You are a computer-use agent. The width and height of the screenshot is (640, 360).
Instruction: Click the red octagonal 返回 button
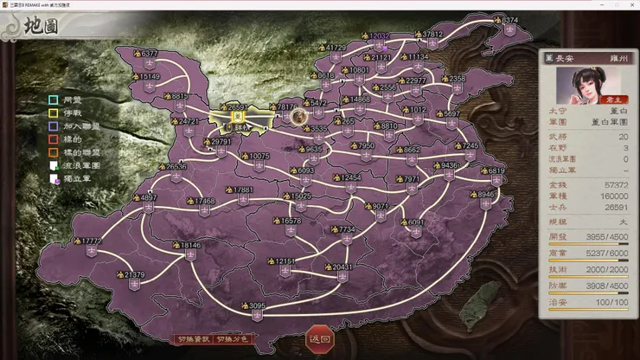pyautogui.click(x=319, y=339)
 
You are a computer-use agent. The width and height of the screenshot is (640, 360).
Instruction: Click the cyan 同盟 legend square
pyautogui.click(x=54, y=100)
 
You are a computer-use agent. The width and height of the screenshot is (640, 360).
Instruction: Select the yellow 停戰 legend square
pyautogui.click(x=54, y=112)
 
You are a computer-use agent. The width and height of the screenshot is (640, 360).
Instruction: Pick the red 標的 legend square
pyautogui.click(x=54, y=138)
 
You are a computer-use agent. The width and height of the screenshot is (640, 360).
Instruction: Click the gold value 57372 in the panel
pyautogui.click(x=615, y=186)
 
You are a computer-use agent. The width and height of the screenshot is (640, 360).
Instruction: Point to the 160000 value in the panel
pyautogui.click(x=613, y=196)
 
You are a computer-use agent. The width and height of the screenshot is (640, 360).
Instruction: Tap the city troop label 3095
pyautogui.click(x=258, y=305)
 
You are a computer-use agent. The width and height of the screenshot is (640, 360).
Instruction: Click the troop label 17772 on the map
pyautogui.click(x=90, y=241)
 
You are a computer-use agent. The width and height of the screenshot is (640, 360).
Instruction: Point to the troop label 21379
pyautogui.click(x=133, y=275)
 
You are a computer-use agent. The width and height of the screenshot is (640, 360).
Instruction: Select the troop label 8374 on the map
pyautogui.click(x=510, y=20)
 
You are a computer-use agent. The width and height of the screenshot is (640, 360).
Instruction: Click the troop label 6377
pyautogui.click(x=149, y=54)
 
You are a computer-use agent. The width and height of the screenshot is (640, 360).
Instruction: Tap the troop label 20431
pyautogui.click(x=342, y=267)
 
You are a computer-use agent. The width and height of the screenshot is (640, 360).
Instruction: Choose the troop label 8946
pyautogui.click(x=487, y=195)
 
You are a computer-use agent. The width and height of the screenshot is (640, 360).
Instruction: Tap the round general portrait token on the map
pyautogui.click(x=298, y=115)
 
